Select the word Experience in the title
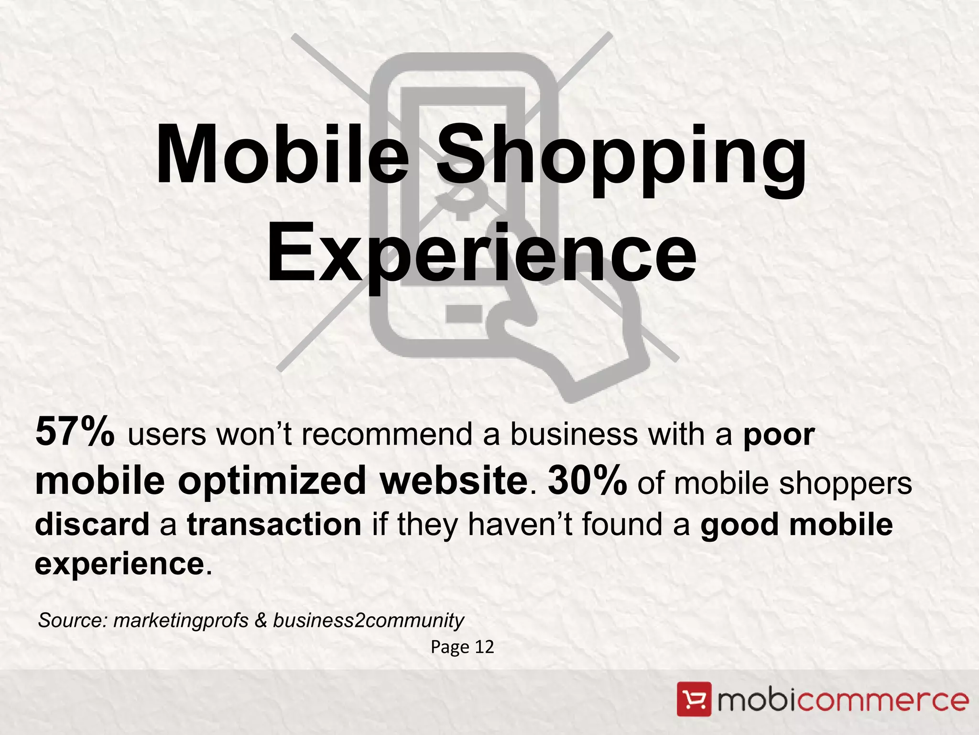[481, 254]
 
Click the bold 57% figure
[75, 432]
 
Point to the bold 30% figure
[587, 480]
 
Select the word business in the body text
[574, 434]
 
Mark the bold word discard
[92, 524]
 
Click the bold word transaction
[274, 524]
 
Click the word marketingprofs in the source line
[181, 621]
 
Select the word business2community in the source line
[368, 621]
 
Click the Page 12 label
[462, 647]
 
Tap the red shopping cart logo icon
[694, 700]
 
